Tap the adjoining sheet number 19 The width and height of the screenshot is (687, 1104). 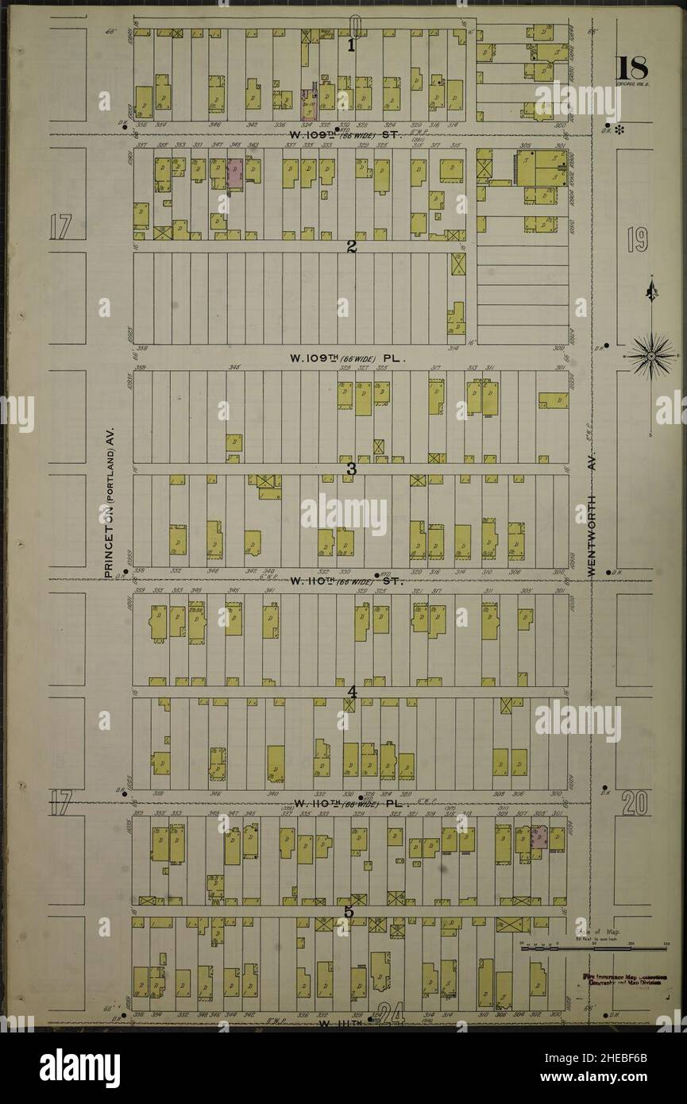[x=637, y=239]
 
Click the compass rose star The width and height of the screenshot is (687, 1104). [x=651, y=355]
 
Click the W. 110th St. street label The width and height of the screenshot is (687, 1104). [x=347, y=581]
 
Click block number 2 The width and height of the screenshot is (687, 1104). [x=350, y=246]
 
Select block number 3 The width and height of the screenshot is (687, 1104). [x=350, y=469]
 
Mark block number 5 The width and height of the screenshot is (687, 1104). [x=349, y=911]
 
